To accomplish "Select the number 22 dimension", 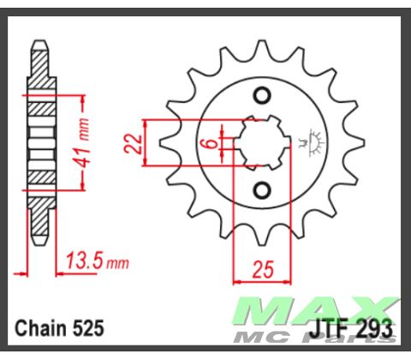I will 133,142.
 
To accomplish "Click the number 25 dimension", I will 262,271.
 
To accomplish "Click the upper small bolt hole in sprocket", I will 263,96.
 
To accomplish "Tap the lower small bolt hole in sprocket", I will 263,188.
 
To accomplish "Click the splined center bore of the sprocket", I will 262,141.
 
